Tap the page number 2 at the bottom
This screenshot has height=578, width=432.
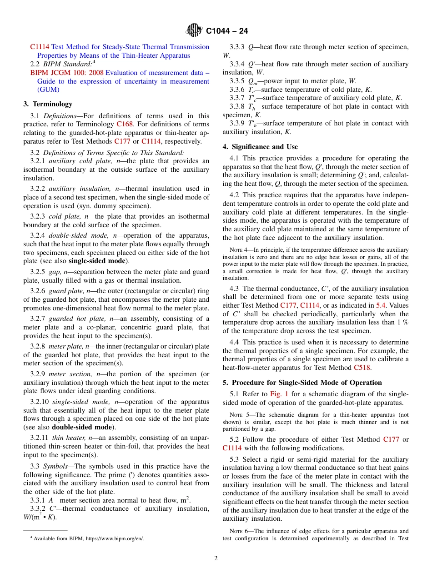coord(216,558)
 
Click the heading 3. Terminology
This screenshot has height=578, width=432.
coord(48,104)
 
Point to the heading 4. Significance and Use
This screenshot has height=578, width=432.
coord(260,147)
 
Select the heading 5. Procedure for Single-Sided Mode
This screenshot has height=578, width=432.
coord(302,382)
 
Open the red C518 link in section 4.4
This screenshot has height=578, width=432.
coord(362,368)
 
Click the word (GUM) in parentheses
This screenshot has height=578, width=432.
coord(49,90)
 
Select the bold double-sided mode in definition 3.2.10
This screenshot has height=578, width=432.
coord(81,427)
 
